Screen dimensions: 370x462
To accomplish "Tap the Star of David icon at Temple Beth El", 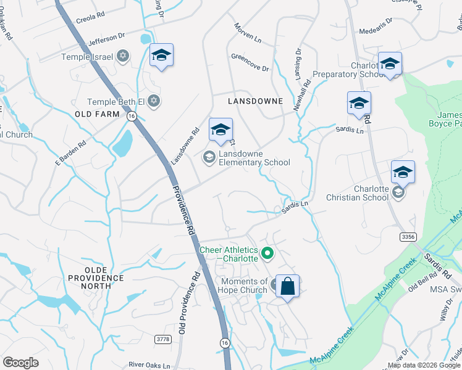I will (x=154, y=101).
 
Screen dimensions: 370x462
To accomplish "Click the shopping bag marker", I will (x=287, y=287).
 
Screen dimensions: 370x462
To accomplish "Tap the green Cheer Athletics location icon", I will (x=267, y=252).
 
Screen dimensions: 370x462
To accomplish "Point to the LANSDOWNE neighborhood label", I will (x=255, y=101).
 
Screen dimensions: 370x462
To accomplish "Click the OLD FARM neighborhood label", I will (x=96, y=115).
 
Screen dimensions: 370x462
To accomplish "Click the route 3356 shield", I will (x=407, y=236).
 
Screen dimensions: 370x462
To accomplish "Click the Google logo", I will (x=20, y=363).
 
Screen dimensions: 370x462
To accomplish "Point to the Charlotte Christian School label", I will (x=371, y=193).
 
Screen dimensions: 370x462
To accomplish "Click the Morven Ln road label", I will (x=248, y=33).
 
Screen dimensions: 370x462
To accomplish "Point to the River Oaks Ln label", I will (x=149, y=365).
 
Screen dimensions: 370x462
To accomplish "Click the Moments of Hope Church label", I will (x=244, y=286).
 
